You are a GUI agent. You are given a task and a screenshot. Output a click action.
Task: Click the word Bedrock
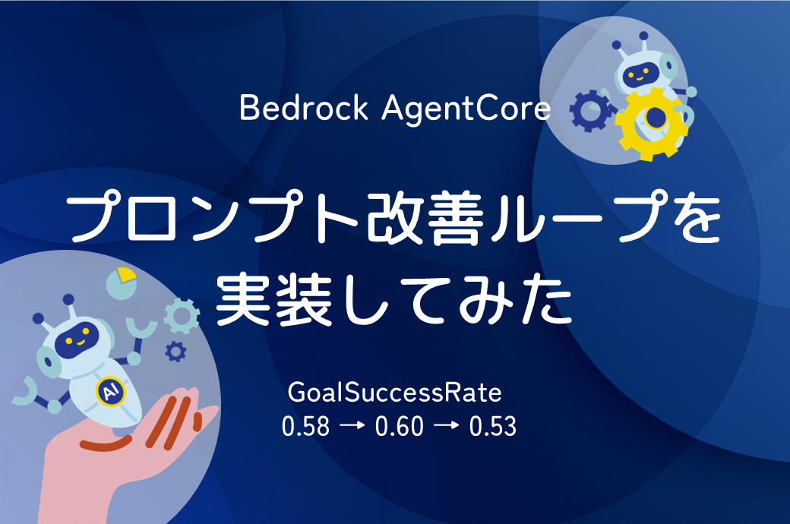pyautogui.click(x=304, y=107)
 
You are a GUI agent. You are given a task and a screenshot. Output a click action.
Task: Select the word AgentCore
pyautogui.click(x=466, y=109)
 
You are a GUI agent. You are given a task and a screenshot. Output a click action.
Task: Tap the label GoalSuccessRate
pyautogui.click(x=394, y=393)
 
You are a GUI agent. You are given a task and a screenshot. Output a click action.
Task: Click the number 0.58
pyautogui.click(x=305, y=426)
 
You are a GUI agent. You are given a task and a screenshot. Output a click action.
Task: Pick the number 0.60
pyautogui.click(x=399, y=426)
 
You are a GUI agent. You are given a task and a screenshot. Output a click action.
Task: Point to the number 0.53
pyautogui.click(x=493, y=426)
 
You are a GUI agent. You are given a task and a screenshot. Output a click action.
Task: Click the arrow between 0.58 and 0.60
pyautogui.click(x=352, y=426)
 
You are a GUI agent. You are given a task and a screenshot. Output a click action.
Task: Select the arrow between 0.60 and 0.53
pyautogui.click(x=447, y=426)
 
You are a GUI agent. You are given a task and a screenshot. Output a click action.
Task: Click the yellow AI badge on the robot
pyautogui.click(x=110, y=392)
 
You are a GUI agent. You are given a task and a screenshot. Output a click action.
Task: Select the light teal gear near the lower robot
pyautogui.click(x=182, y=316)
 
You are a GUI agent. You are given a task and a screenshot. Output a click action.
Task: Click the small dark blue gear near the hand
pyautogui.click(x=175, y=351)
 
